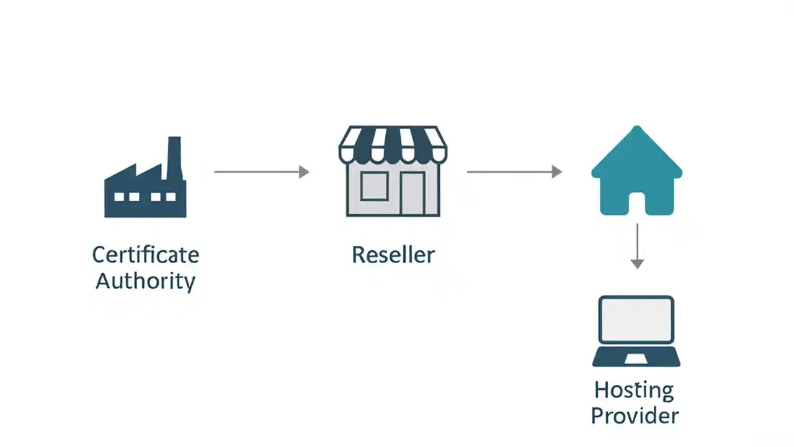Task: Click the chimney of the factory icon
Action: (174, 155)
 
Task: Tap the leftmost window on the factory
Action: (118, 197)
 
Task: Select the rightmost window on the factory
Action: (171, 197)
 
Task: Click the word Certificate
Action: (145, 255)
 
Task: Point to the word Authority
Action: (145, 281)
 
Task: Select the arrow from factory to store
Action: (261, 172)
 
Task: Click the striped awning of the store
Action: (393, 144)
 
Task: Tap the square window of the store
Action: (373, 186)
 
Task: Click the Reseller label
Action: (393, 255)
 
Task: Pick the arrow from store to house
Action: (514, 172)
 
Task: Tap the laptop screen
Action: (636, 319)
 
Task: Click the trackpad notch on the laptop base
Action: (636, 359)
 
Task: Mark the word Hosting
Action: (633, 391)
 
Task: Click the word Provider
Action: (635, 416)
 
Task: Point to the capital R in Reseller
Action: (359, 255)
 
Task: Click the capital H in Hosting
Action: (602, 390)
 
